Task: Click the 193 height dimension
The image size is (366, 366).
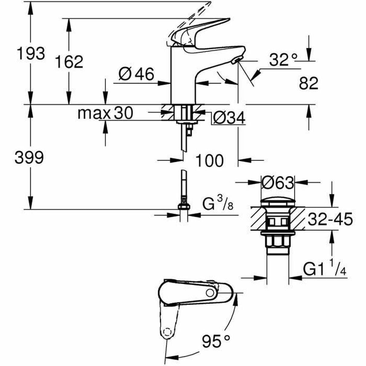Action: tap(30, 53)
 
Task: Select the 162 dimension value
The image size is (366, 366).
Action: tap(69, 62)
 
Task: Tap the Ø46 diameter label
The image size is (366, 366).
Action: tap(136, 74)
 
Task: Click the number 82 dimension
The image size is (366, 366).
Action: tap(308, 83)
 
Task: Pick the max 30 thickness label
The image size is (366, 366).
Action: tap(105, 113)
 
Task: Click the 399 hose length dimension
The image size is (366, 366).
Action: tap(29, 158)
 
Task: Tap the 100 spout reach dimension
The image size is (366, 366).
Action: tap(209, 160)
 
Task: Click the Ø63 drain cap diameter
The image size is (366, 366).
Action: tap(278, 183)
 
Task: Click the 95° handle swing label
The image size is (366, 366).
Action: tap(215, 341)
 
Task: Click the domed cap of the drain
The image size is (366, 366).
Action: tap(278, 203)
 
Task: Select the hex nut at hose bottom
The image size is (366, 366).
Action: tap(184, 206)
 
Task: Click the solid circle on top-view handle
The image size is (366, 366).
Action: tap(210, 293)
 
